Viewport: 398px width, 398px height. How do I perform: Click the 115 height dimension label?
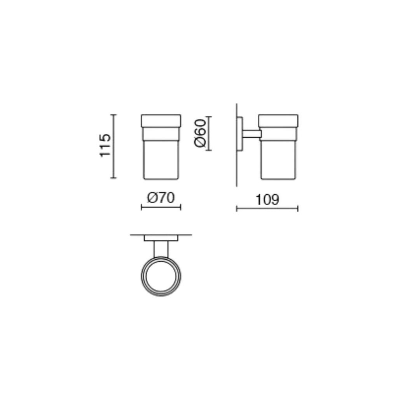coord(105,145)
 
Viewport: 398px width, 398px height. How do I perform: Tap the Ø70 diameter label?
coord(161,198)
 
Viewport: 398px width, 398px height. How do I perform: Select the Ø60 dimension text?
coord(200,133)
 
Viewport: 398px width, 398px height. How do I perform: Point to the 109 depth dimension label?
coord(267,199)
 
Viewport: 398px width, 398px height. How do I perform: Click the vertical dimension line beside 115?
coord(113,146)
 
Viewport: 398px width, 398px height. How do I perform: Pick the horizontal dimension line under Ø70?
coord(161,208)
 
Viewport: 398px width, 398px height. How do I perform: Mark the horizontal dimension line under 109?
coord(267,209)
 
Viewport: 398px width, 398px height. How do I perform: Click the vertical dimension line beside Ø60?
coord(209,133)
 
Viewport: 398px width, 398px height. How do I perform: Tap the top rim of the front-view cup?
coord(161,120)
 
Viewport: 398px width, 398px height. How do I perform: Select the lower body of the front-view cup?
coord(161,160)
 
